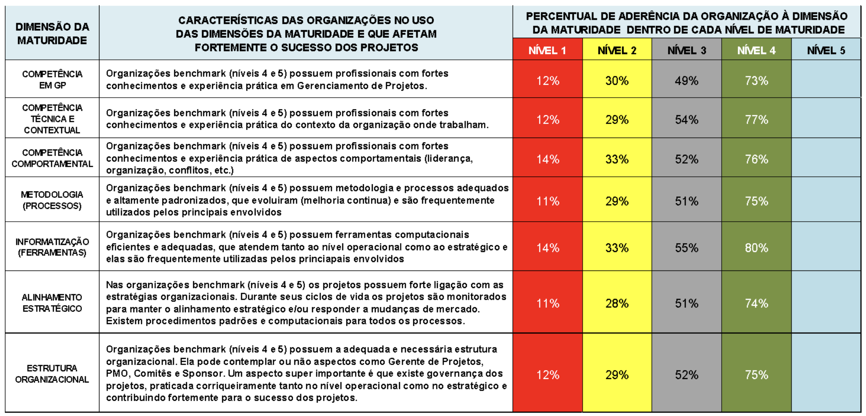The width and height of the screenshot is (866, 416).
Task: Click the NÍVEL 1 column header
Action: tap(547, 50)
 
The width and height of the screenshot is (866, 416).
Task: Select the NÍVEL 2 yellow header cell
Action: tap(616, 50)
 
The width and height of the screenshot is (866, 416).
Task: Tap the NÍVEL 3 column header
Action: tap(686, 50)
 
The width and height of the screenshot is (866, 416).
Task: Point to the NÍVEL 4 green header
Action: tap(756, 50)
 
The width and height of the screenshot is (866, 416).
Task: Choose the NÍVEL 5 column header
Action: tap(826, 50)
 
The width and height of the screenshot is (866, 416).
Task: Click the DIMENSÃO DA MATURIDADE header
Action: tap(52, 33)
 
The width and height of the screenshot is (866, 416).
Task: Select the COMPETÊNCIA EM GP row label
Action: tap(52, 80)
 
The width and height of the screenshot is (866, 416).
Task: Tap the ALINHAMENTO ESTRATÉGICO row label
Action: tap(52, 303)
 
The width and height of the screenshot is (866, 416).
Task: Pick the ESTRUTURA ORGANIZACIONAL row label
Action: tap(52, 374)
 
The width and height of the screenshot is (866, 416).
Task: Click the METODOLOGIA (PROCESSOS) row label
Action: tap(52, 200)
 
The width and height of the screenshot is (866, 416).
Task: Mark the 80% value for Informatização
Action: tap(756, 248)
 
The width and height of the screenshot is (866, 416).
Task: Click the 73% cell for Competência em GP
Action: tap(756, 81)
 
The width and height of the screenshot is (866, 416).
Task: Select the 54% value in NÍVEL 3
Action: tap(686, 120)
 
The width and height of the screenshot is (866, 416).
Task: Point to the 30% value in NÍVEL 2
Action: tap(616, 81)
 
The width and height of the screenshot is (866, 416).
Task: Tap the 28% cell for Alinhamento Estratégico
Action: tap(616, 303)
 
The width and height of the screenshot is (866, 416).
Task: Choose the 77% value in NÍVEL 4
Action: tap(756, 120)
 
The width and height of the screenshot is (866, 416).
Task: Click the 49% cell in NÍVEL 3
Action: tap(686, 81)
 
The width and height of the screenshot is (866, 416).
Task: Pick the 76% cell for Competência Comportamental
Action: tap(756, 159)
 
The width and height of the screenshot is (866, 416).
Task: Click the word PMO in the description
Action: tap(117, 374)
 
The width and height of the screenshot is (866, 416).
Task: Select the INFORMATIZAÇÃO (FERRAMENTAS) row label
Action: tap(52, 247)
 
